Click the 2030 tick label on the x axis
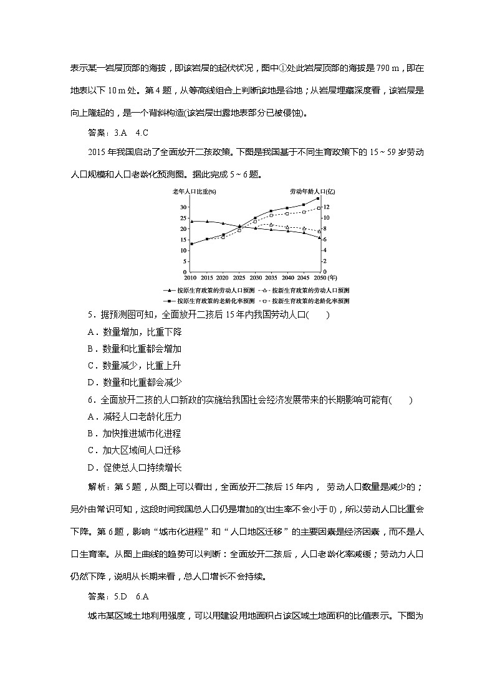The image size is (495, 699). point(256,278)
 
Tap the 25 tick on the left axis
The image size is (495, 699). point(183,218)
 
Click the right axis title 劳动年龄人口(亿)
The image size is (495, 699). point(309,192)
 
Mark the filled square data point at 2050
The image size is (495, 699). point(319,198)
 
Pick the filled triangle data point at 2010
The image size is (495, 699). point(191,221)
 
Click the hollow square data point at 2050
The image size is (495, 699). point(319,208)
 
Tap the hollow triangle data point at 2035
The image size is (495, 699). point(271,224)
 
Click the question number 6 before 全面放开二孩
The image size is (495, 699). point(91,400)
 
